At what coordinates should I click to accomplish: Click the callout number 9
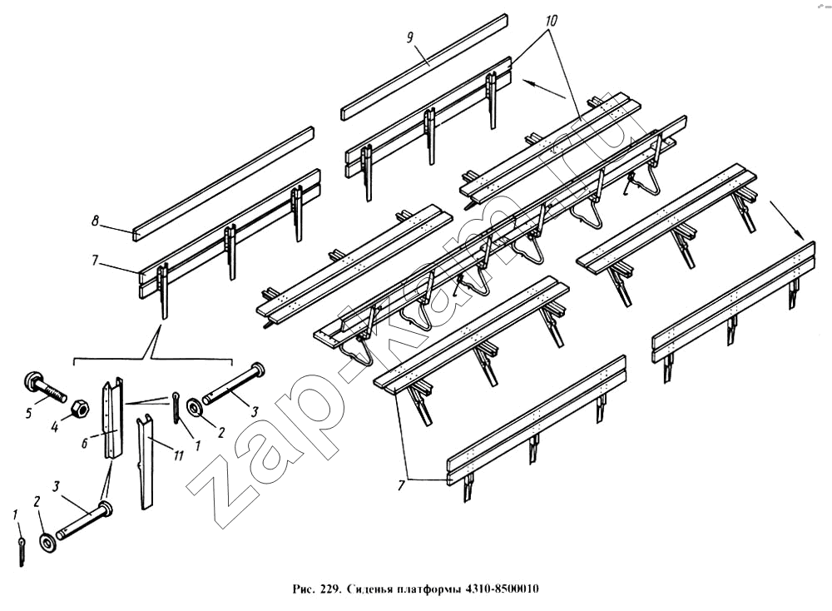point(409,37)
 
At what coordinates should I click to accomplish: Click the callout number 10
point(551,22)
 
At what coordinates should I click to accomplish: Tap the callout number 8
point(96,221)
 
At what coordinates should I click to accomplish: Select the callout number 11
point(178,455)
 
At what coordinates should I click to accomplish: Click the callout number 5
point(29,413)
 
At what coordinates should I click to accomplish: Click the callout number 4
point(54,425)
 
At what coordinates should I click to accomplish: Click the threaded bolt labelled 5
point(44,389)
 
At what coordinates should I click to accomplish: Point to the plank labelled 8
point(223,184)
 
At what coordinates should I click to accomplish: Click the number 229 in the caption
point(328,589)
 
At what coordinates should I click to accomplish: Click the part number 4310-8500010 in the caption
point(502,589)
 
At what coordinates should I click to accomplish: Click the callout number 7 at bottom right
point(402,484)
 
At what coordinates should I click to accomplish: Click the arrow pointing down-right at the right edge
point(787,221)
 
